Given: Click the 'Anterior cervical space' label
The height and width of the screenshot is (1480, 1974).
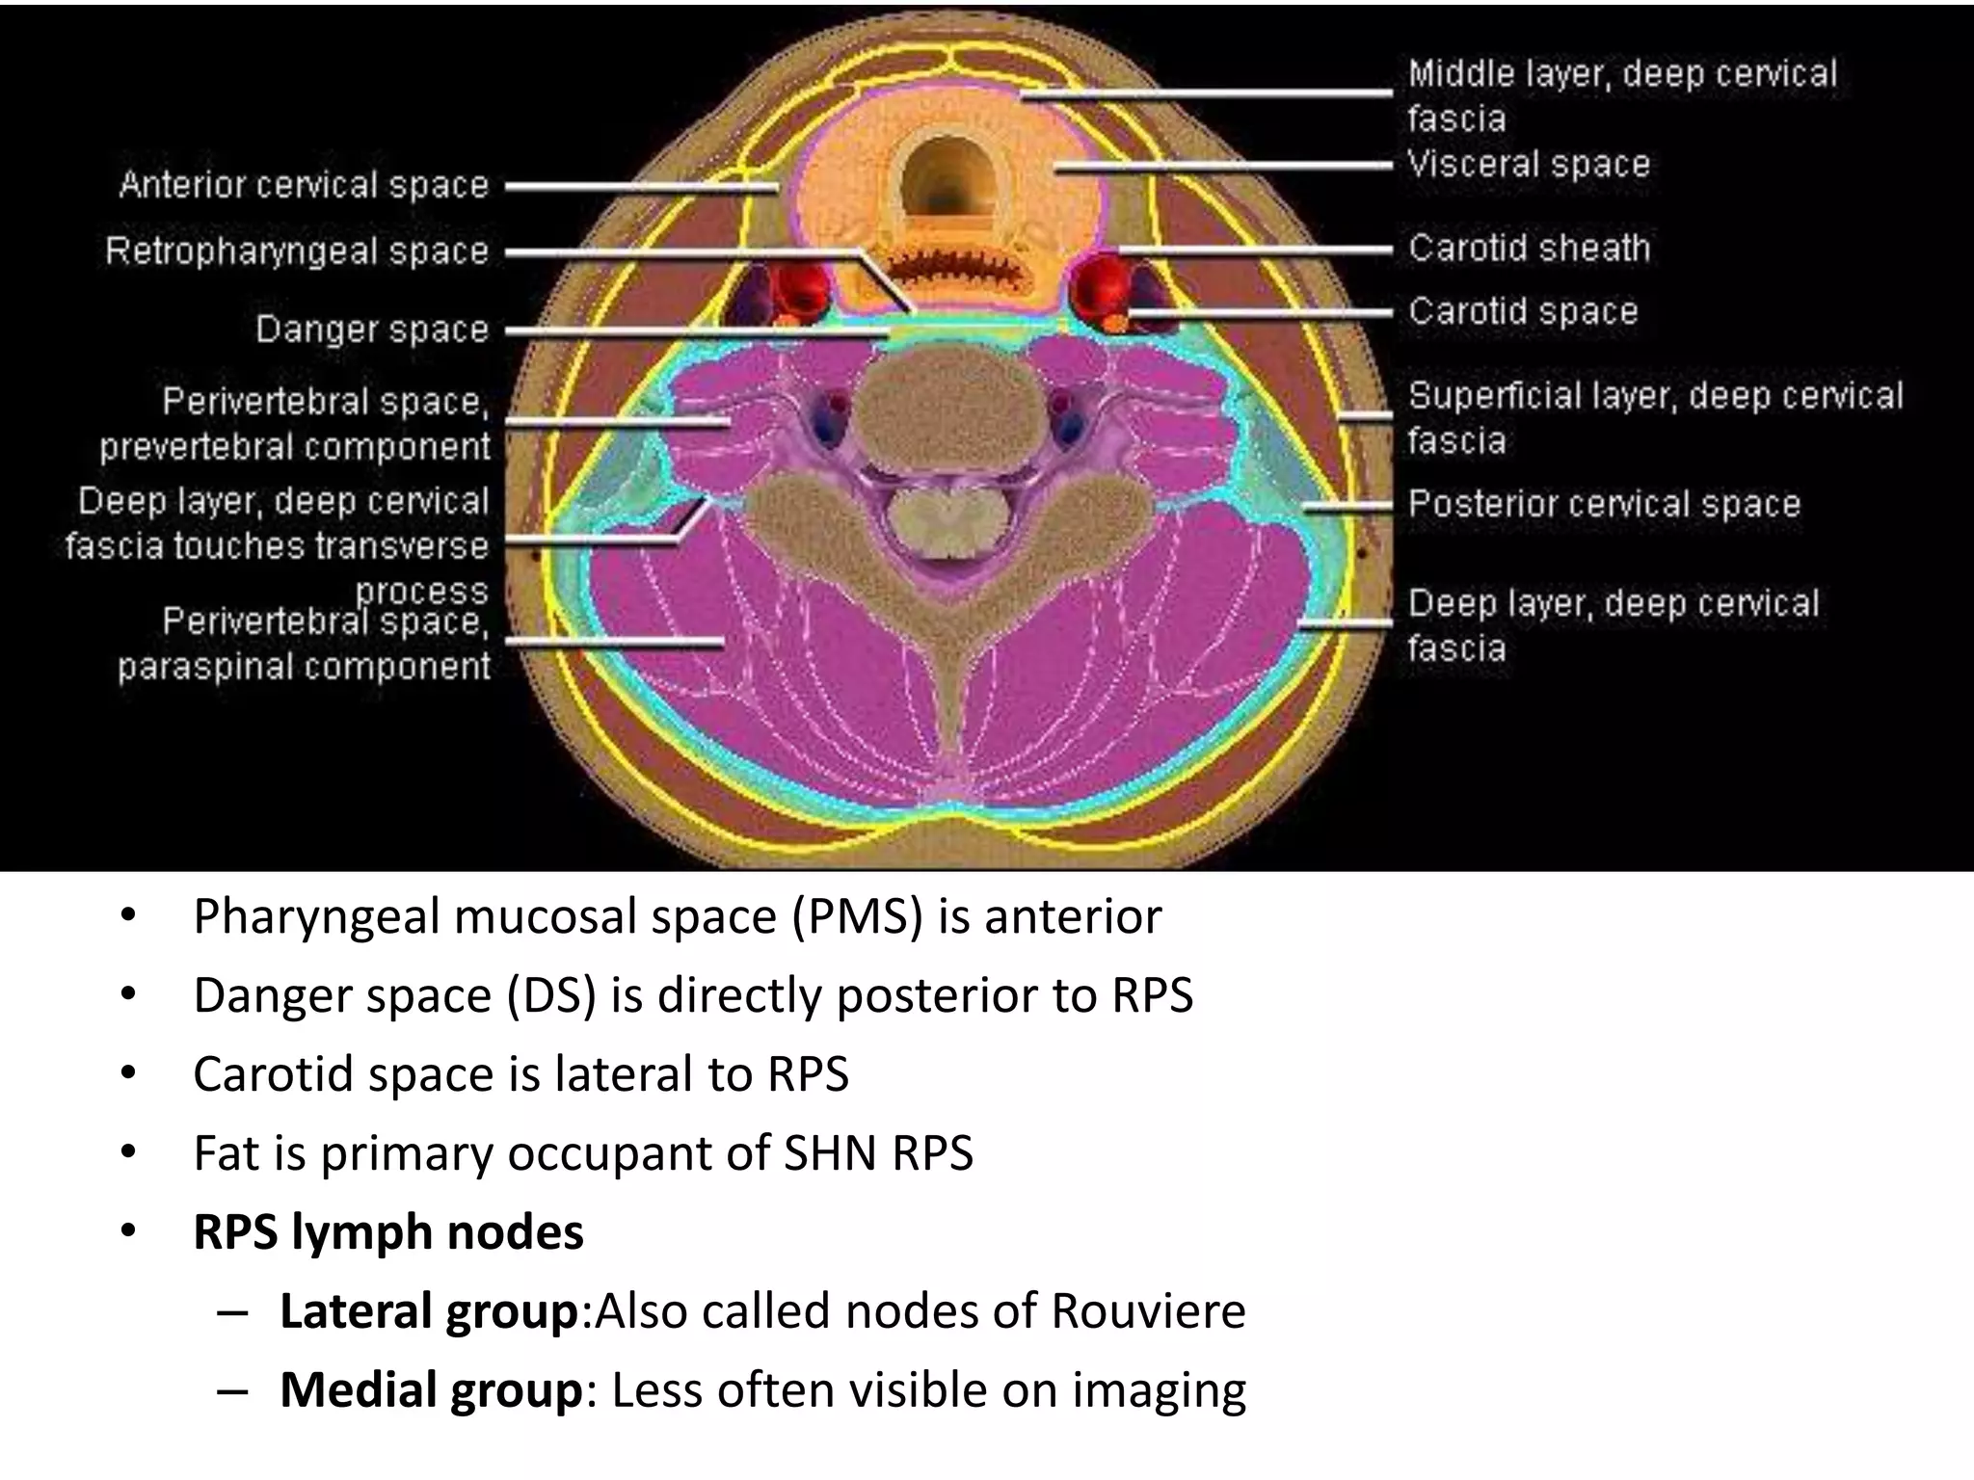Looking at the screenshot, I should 304,184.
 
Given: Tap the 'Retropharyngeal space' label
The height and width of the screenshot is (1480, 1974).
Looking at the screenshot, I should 297,251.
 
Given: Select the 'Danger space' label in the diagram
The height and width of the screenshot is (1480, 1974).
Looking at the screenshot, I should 372,330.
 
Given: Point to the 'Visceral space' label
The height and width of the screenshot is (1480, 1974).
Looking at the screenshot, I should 1529,164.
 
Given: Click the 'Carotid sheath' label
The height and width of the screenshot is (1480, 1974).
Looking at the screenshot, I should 1529,249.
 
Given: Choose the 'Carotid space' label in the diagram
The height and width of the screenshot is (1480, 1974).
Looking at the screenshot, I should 1523,311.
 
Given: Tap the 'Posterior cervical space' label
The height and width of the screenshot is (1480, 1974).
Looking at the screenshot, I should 1604,504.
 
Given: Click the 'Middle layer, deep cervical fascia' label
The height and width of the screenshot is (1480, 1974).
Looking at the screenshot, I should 1622,95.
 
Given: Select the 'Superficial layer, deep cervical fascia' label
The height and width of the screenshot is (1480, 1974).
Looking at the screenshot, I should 1655,417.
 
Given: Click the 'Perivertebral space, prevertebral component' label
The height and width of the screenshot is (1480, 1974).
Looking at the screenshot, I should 295,424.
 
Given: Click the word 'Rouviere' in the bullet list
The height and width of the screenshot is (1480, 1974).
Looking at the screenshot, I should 1148,1310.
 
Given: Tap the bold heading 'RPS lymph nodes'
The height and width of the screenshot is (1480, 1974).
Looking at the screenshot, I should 388,1231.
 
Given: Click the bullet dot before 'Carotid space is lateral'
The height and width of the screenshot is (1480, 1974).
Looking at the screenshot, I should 128,1073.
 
